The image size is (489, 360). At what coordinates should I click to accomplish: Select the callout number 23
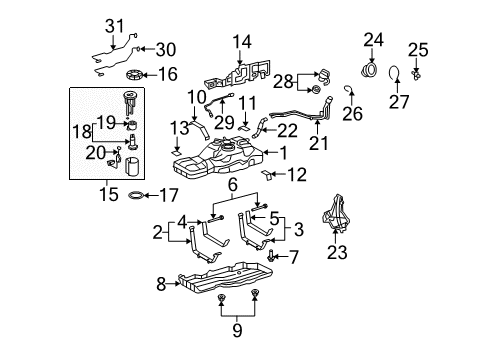[337, 254]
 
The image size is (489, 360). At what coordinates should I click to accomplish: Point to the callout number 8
[161, 285]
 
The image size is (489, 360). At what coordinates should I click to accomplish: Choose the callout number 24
[373, 41]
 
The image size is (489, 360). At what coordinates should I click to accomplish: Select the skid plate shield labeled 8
[225, 282]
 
